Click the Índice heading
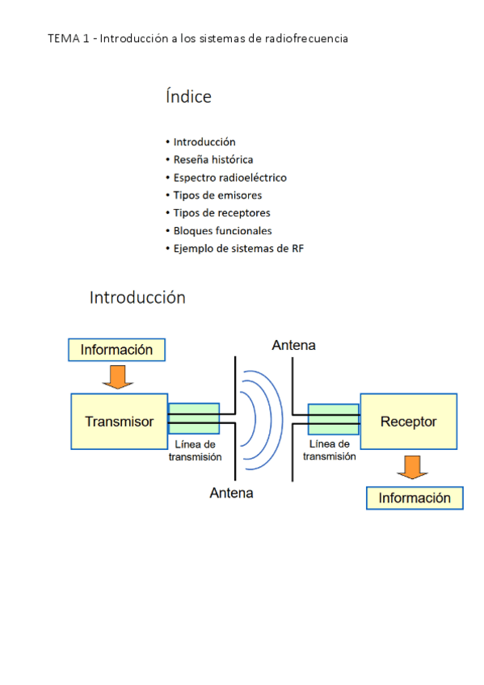pos(188,97)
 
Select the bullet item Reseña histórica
pos(213,160)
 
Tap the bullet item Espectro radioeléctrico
pos(229,178)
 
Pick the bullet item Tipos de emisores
pos(217,195)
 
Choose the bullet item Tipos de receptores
pos(221,213)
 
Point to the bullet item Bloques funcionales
pos(222,231)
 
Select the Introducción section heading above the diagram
pos(137,297)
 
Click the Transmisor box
pos(119,421)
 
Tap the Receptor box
pos(408,421)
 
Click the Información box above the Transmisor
pos(116,350)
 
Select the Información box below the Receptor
pos(415,498)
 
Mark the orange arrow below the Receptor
pos(412,467)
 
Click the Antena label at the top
pos(293,346)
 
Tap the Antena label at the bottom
pos(231,492)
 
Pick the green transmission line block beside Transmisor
pos(193,418)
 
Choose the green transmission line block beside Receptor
pos(334,418)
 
